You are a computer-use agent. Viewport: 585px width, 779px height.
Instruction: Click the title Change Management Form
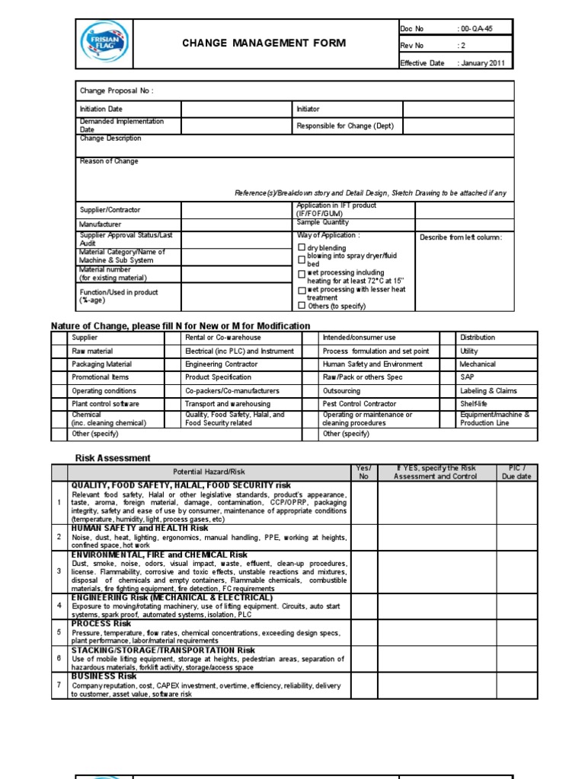[x=263, y=43]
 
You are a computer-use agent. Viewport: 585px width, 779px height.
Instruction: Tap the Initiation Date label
[x=101, y=110]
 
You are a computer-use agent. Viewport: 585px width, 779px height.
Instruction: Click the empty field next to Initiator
[x=458, y=110]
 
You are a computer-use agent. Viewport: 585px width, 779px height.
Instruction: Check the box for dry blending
[x=302, y=248]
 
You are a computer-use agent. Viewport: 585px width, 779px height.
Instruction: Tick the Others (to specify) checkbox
[x=302, y=306]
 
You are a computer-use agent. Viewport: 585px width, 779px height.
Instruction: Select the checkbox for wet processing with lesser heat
[x=302, y=291]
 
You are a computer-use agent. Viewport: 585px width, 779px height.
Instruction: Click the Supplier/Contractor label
[x=110, y=210]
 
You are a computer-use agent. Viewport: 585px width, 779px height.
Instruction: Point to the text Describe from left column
[x=461, y=237]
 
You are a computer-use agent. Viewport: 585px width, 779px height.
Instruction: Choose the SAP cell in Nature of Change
[x=467, y=377]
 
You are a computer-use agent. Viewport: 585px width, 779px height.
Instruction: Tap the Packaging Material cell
[x=101, y=364]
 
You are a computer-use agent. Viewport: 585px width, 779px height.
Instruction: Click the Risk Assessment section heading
[x=113, y=458]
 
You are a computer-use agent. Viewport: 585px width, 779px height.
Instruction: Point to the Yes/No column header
[x=363, y=472]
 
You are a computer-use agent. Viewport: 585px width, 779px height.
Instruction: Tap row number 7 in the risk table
[x=59, y=685]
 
